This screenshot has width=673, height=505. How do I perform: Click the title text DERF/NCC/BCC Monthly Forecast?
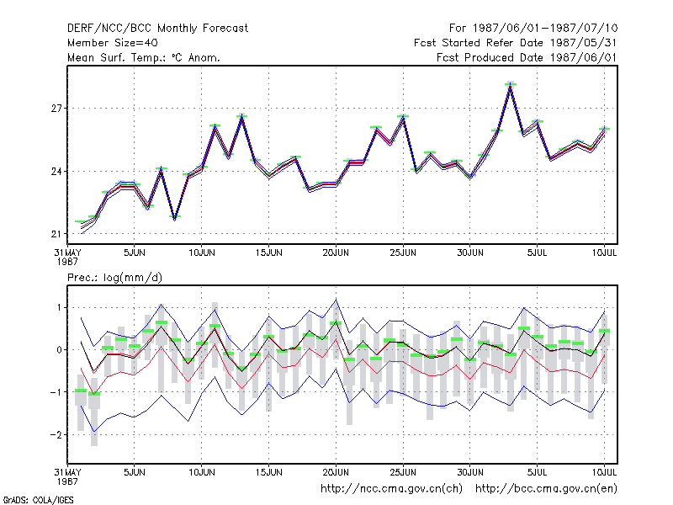(157, 29)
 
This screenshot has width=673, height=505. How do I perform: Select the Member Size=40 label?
(113, 43)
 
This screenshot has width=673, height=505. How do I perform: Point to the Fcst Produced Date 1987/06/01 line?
(527, 57)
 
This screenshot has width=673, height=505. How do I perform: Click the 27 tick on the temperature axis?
(56, 109)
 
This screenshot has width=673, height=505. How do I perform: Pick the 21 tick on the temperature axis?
(56, 234)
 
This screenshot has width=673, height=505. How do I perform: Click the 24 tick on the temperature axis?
(56, 172)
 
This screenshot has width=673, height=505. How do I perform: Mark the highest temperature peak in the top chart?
(511, 85)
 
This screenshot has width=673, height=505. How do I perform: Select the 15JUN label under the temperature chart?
(268, 252)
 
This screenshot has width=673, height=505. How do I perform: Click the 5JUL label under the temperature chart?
(538, 252)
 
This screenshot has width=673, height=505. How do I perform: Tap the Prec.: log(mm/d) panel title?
(114, 278)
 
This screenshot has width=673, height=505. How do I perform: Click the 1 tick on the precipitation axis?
(59, 308)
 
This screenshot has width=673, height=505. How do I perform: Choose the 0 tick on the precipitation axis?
(59, 350)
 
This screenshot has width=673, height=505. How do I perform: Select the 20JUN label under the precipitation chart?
(336, 472)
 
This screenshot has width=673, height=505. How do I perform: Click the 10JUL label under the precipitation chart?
(604, 472)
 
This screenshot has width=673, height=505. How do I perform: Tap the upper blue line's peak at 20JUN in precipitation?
(336, 300)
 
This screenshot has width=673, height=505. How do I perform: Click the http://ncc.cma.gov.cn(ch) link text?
(392, 489)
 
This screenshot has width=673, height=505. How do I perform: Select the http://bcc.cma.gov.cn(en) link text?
(546, 489)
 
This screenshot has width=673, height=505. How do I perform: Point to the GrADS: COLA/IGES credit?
(39, 500)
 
